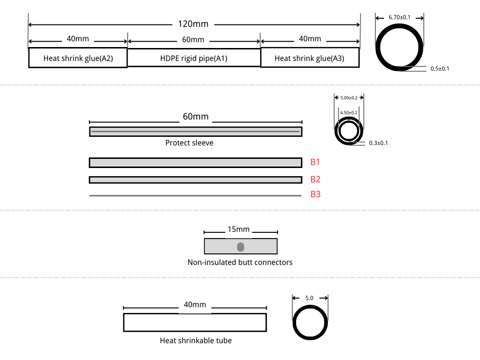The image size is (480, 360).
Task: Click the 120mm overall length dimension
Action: (x=193, y=24)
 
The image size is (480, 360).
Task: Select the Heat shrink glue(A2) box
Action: (x=78, y=58)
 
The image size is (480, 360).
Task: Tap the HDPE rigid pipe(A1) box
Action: (x=193, y=58)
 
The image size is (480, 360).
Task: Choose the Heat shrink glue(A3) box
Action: (x=310, y=58)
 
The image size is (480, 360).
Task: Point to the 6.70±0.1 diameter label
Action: (x=399, y=17)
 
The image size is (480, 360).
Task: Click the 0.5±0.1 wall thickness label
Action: (x=440, y=69)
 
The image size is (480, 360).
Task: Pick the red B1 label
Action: (x=315, y=162)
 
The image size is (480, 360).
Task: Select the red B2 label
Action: (x=315, y=180)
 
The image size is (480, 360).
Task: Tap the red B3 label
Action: (x=315, y=194)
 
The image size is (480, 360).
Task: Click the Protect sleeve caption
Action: (x=189, y=143)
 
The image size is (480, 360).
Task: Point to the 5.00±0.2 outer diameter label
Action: (x=349, y=98)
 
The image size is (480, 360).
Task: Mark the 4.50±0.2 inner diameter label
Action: (x=348, y=112)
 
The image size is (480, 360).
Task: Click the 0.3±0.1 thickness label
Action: (x=378, y=143)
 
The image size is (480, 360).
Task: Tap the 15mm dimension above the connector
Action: (x=239, y=230)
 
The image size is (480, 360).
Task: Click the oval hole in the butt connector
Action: (x=240, y=247)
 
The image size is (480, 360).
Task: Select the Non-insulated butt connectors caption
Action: (x=240, y=262)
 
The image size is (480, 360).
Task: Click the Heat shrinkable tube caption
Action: (x=195, y=340)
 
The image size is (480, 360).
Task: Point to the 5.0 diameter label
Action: (x=309, y=298)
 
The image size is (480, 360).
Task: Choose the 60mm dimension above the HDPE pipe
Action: (x=193, y=39)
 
